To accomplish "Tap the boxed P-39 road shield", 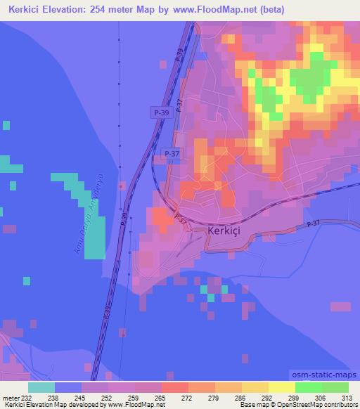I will pos(160,112).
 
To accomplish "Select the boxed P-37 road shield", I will pos(171,152).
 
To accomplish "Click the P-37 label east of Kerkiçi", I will pos(313,223).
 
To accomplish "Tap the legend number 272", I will pos(188,398).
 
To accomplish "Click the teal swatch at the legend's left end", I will pos(41,387).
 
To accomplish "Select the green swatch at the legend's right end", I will pos(335,387).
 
